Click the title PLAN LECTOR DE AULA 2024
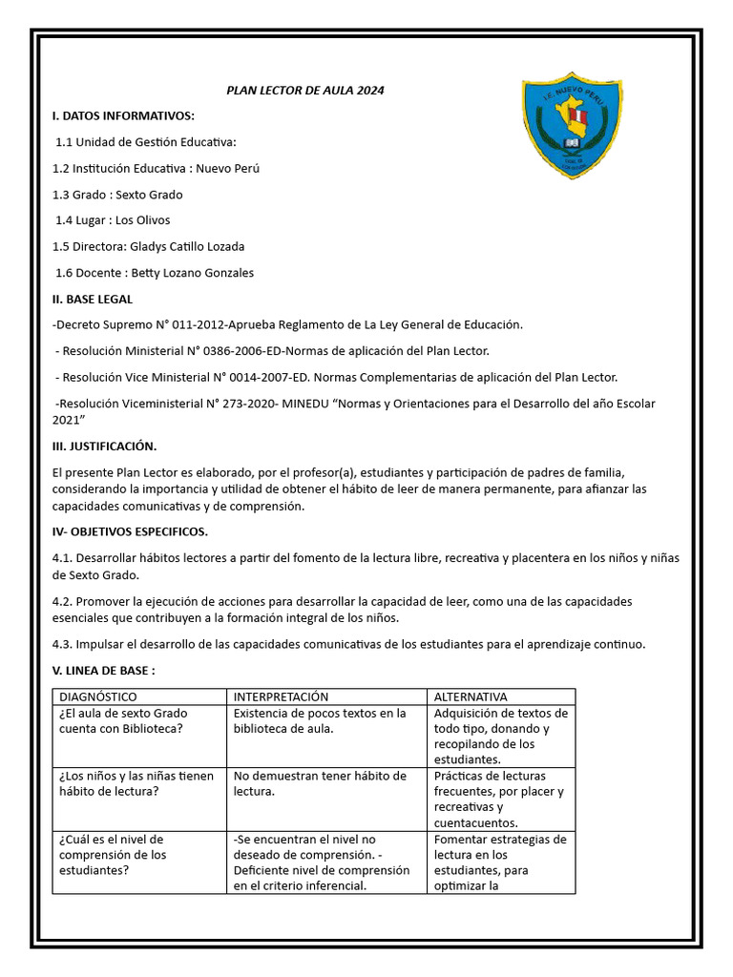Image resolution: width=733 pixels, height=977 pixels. (304, 91)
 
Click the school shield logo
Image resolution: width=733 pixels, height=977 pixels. (572, 123)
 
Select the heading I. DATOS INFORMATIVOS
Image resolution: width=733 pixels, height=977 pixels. (123, 116)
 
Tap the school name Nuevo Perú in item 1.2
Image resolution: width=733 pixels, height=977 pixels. (228, 169)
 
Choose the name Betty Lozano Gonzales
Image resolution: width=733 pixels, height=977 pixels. (193, 273)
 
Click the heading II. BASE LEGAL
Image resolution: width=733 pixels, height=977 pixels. (93, 299)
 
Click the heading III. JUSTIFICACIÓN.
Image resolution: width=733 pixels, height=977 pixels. (104, 446)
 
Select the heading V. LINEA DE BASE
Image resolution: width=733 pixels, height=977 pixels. (103, 671)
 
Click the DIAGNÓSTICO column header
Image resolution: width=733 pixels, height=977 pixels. (98, 697)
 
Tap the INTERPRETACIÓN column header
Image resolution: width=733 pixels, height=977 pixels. (281, 697)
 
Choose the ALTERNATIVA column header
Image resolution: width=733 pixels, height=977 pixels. (471, 697)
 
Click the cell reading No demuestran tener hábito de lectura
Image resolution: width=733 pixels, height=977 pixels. (320, 783)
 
